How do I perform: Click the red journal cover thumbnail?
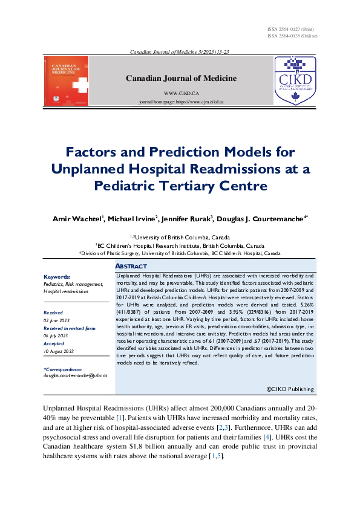(67, 81)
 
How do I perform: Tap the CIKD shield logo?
(295, 81)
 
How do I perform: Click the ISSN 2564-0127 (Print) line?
(290, 30)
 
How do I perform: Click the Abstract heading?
(131, 267)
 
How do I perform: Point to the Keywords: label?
(57, 277)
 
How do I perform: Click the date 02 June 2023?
(57, 320)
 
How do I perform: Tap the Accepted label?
(53, 344)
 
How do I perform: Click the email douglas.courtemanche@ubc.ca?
(75, 375)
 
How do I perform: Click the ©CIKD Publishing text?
(290, 389)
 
